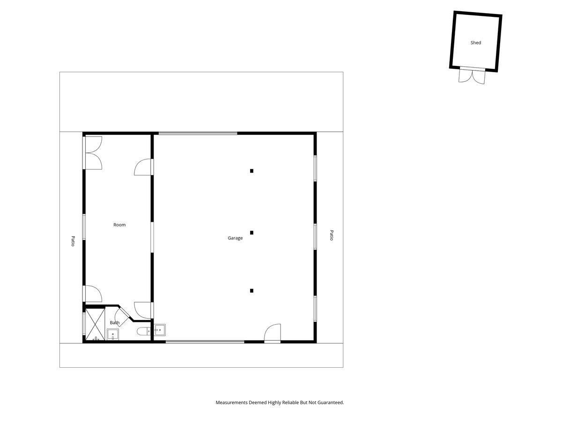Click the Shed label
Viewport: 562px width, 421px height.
pos(475,43)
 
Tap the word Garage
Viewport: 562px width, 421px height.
pos(235,238)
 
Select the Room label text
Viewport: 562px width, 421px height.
pos(119,225)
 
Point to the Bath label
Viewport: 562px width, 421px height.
pos(115,323)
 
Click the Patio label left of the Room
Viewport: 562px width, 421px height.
pos(73,241)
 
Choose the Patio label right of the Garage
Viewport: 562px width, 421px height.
pos(331,235)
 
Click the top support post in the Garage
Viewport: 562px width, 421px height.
pos(251,171)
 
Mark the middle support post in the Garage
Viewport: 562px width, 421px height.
pos(251,232)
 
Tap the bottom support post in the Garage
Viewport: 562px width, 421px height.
pos(251,290)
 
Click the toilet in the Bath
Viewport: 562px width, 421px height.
pos(144,332)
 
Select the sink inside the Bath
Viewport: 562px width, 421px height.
pos(113,334)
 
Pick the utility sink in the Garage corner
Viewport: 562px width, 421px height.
pos(160,330)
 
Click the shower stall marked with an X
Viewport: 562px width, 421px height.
pos(95,324)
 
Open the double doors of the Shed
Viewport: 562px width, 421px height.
pos(472,76)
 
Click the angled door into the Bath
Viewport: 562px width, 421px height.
pos(122,317)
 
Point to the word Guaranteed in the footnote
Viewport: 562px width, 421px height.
pos(331,403)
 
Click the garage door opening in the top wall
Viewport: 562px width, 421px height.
pos(198,133)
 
